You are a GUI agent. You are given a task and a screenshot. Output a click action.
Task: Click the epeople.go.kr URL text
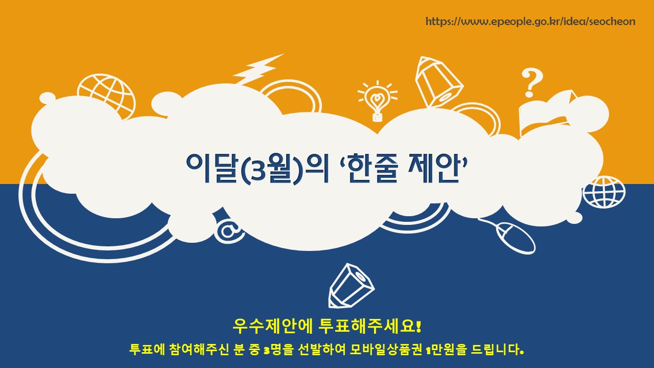(x=530, y=21)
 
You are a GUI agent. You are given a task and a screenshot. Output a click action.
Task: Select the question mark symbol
(x=532, y=83)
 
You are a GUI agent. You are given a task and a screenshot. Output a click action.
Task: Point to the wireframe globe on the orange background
(x=107, y=94)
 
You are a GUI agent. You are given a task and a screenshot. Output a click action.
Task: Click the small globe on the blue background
(x=604, y=192)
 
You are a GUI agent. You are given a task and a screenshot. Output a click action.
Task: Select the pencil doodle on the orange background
(x=438, y=82)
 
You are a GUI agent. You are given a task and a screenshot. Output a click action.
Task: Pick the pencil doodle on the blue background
(x=351, y=286)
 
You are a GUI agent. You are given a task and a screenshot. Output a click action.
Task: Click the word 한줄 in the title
(x=372, y=168)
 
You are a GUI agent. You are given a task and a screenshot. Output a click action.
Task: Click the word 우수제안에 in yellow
(x=272, y=326)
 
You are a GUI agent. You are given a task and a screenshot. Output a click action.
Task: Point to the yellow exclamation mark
(x=418, y=326)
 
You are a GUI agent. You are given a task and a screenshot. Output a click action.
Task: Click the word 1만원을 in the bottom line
(x=447, y=349)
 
